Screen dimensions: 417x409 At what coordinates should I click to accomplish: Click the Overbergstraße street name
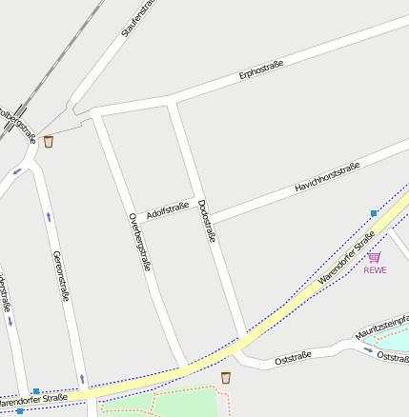pyautogui.click(x=139, y=242)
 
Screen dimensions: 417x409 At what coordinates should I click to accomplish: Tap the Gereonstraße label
pyautogui.click(x=61, y=274)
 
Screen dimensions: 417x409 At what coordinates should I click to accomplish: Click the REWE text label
pyautogui.click(x=376, y=269)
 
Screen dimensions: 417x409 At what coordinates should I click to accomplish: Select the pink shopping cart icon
pyautogui.click(x=374, y=256)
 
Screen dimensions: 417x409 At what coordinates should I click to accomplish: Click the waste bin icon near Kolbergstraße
pyautogui.click(x=49, y=142)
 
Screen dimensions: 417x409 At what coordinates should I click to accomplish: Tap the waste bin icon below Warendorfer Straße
pyautogui.click(x=226, y=378)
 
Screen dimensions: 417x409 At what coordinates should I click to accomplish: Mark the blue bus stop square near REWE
pyautogui.click(x=374, y=213)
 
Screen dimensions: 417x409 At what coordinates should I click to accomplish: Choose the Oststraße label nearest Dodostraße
pyautogui.click(x=293, y=358)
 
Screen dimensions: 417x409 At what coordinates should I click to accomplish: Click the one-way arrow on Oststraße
pyautogui.click(x=368, y=348)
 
